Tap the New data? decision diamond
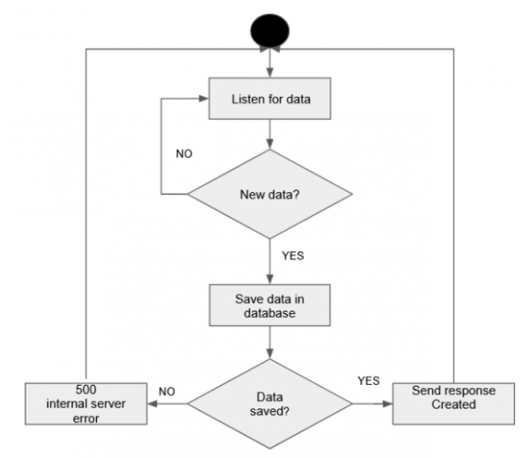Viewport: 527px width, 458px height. pyautogui.click(x=269, y=193)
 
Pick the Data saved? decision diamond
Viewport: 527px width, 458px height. pyautogui.click(x=269, y=404)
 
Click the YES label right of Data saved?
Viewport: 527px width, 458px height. pyautogui.click(x=369, y=377)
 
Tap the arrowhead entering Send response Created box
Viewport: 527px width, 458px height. pyautogui.click(x=386, y=404)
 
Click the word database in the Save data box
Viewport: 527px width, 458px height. pyautogui.click(x=269, y=313)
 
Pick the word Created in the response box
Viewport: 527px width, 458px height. pyautogui.click(x=454, y=405)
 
